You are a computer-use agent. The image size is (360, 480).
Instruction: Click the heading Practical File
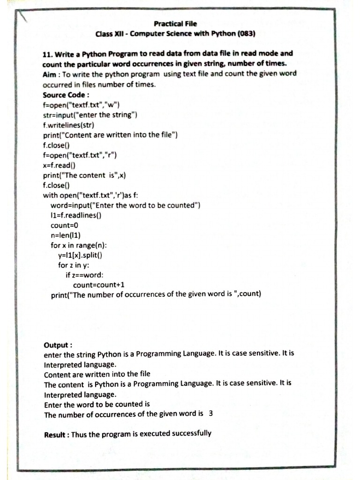click(x=175, y=23)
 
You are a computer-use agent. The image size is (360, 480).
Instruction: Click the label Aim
click(x=51, y=75)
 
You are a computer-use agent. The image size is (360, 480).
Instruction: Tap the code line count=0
click(x=64, y=225)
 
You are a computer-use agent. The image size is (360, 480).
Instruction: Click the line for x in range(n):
click(x=79, y=245)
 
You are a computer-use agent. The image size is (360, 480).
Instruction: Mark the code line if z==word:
click(x=84, y=275)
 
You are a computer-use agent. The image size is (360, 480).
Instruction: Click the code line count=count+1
click(x=99, y=285)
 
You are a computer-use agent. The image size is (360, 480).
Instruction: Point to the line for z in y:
click(x=74, y=265)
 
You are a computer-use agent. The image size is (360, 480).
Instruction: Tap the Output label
click(x=58, y=344)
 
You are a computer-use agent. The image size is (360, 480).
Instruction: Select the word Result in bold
click(x=55, y=435)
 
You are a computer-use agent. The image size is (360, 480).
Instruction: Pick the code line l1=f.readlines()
click(x=76, y=215)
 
